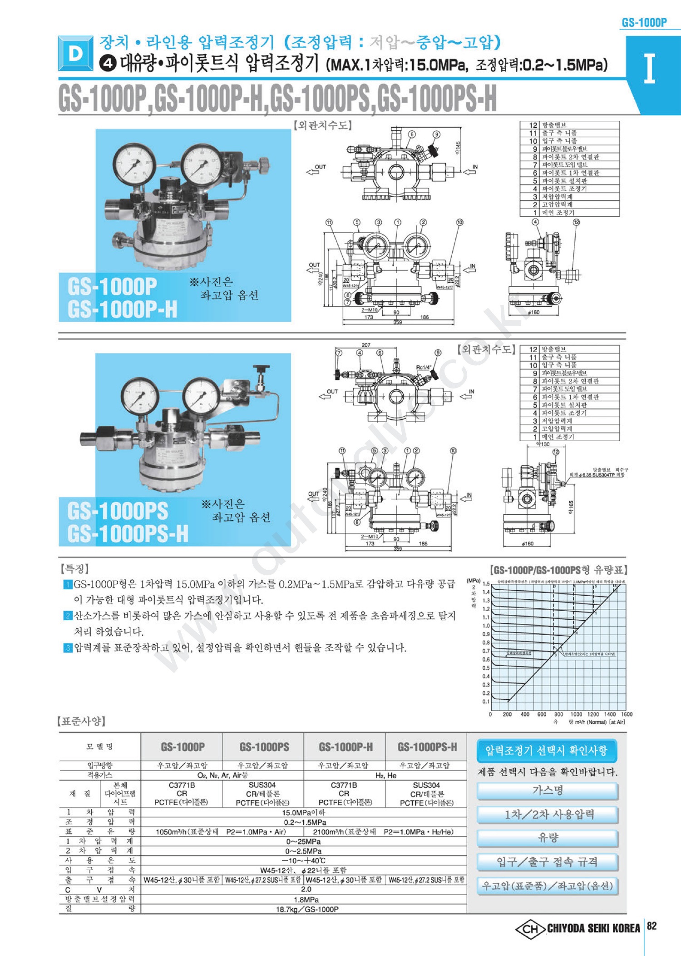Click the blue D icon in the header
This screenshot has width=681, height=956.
[75, 54]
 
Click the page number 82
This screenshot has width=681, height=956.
[652, 926]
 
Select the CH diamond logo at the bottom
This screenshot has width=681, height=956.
[530, 928]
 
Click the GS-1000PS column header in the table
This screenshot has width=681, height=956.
[264, 747]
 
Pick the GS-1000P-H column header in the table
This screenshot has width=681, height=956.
[345, 747]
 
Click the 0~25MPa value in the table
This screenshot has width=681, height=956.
[303, 841]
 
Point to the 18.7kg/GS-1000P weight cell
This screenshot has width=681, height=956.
[307, 909]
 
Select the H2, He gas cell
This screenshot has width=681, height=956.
[385, 775]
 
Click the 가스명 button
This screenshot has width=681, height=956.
[548, 791]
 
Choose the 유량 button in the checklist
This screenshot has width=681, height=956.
[548, 837]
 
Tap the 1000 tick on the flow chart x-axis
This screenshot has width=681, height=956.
[576, 714]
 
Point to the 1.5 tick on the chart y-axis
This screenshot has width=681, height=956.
[486, 584]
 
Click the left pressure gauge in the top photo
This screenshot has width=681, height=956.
[134, 164]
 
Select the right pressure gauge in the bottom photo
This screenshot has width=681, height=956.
[201, 395]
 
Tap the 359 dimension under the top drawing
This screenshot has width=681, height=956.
[398, 322]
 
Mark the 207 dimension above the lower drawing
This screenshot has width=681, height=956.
[366, 345]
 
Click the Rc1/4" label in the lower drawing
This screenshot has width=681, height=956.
[424, 367]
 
